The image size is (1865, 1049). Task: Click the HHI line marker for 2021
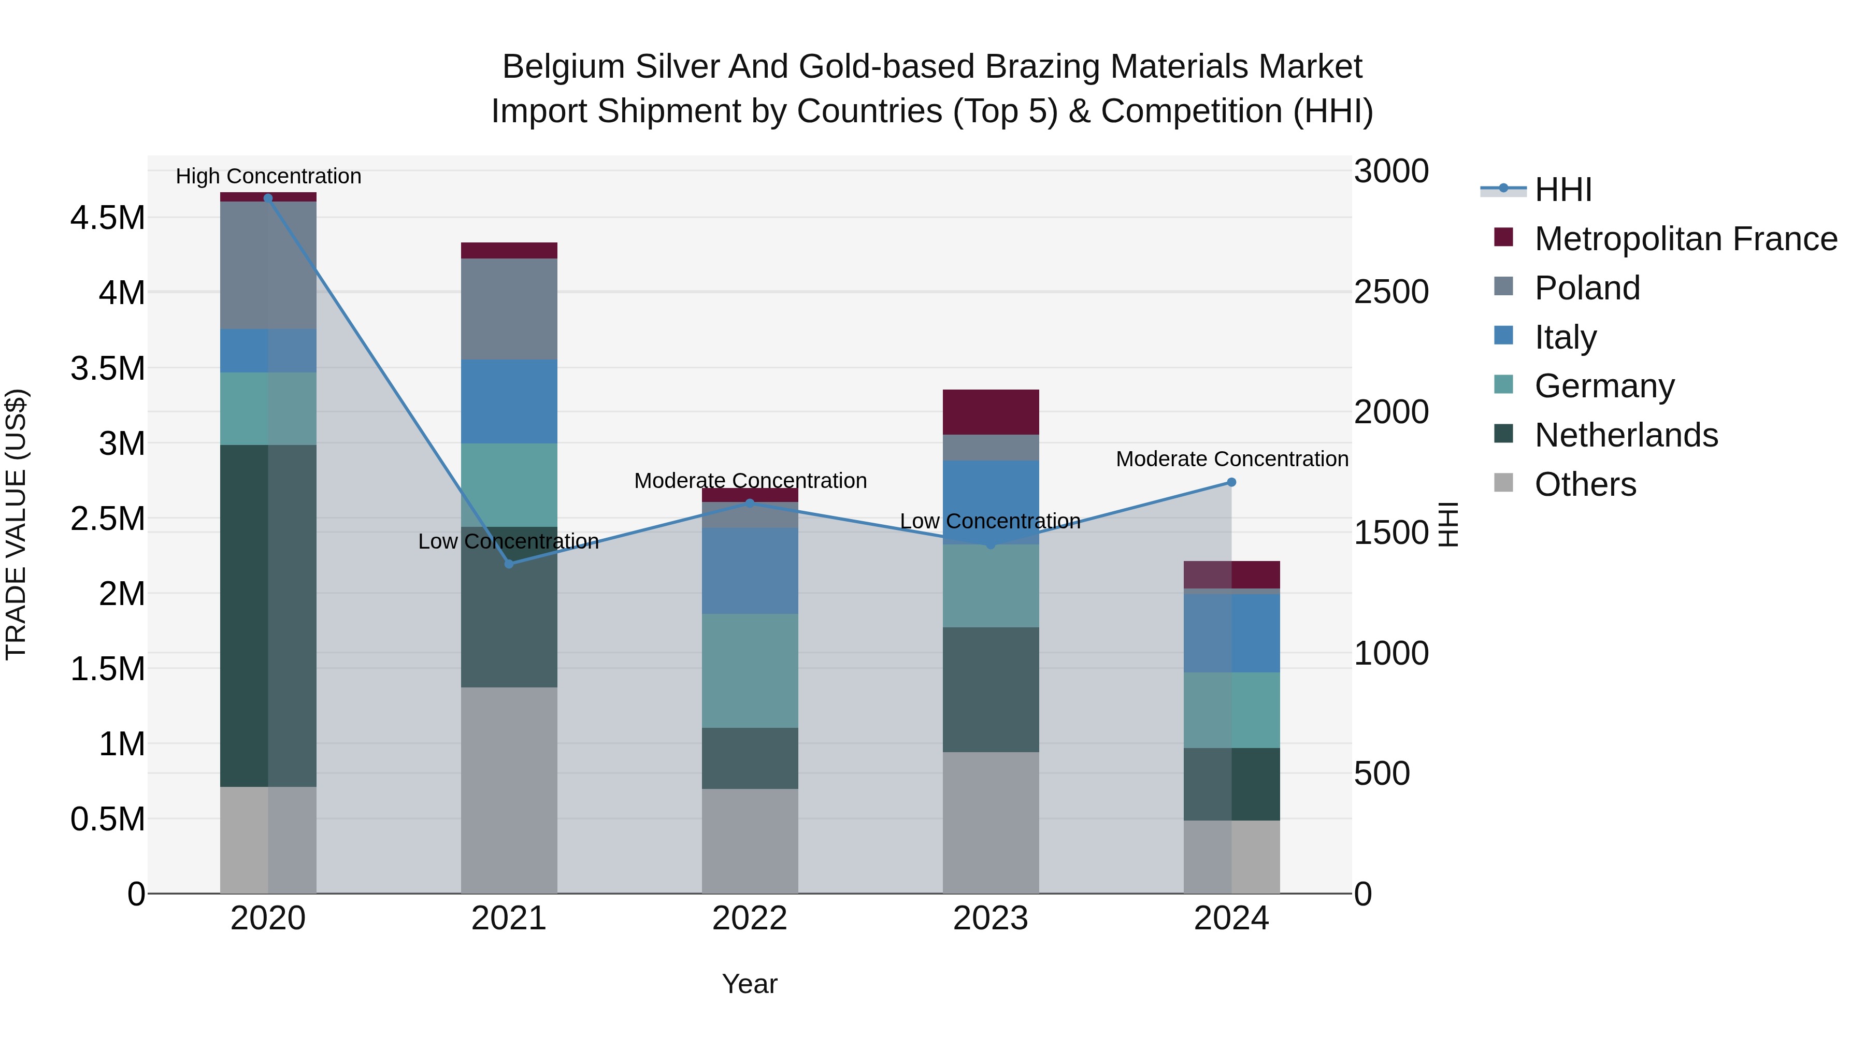(509, 564)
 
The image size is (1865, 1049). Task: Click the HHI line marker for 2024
(1231, 482)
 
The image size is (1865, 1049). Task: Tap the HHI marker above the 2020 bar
(268, 198)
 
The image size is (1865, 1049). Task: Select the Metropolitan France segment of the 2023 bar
(991, 412)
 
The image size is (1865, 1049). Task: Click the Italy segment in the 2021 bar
(509, 401)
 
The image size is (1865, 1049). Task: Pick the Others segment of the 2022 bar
(750, 841)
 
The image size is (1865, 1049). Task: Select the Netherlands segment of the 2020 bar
(268, 615)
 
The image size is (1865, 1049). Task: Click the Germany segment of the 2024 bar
(1231, 710)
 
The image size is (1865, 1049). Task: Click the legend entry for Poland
(1586, 288)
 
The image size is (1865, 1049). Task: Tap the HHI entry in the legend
(1562, 190)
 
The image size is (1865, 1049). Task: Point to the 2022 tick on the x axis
(750, 918)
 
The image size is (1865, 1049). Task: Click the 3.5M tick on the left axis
(107, 368)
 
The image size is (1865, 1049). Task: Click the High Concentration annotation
(268, 176)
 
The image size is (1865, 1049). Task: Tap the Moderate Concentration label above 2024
(1231, 459)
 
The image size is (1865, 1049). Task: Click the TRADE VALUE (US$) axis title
(16, 524)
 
